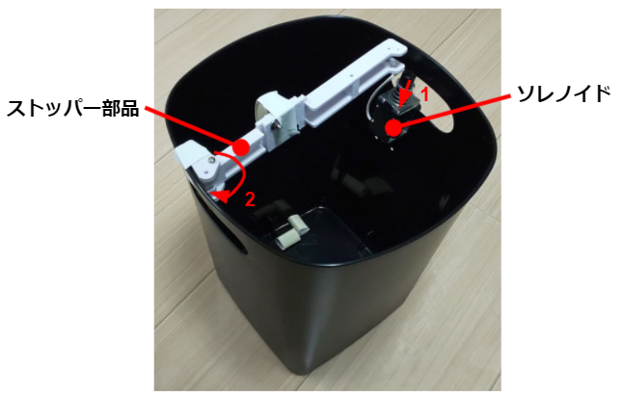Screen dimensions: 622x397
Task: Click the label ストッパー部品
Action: pos(73,108)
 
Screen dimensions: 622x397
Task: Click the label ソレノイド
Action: pos(564,94)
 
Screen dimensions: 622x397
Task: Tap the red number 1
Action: pos(424,94)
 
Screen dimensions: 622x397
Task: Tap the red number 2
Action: pos(250,199)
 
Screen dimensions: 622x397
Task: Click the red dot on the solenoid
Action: pos(393,127)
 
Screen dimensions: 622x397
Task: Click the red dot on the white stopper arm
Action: pos(241,147)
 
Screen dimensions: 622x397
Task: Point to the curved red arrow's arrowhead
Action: pos(219,196)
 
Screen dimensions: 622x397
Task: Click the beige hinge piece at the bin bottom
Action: pos(292,231)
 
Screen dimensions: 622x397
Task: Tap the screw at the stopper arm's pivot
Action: pos(212,160)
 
